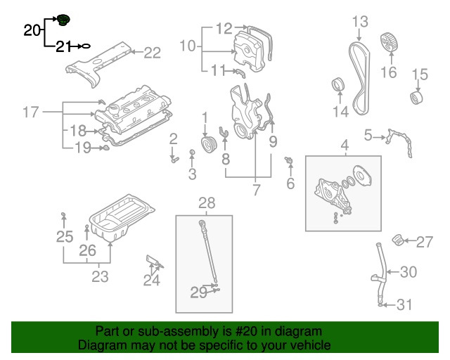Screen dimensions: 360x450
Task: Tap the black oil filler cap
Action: pos(64,19)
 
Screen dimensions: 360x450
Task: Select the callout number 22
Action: pos(153,51)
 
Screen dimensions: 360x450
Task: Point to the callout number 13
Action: pos(359,22)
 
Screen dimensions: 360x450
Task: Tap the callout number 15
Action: pos(419,74)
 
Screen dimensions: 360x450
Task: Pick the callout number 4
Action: pos(345,146)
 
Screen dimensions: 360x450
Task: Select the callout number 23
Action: pos(100,276)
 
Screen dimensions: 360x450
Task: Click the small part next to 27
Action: pos(399,240)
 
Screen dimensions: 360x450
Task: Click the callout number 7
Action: pos(256,189)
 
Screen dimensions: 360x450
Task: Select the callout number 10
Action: pos(188,46)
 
